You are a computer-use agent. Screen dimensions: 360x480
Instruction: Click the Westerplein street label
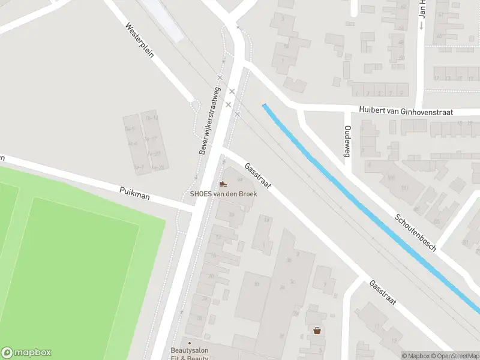140,40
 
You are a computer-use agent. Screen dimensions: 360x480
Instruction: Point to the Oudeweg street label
346,142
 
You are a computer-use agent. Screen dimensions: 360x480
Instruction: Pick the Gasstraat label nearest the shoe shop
257,176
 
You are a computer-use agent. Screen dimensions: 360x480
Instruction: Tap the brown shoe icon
223,184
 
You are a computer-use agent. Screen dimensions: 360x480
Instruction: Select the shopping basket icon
316,330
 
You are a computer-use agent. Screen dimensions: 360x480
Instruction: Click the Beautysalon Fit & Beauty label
189,354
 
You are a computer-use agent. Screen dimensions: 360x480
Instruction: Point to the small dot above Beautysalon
190,343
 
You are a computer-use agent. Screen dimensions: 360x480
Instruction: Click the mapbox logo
26,353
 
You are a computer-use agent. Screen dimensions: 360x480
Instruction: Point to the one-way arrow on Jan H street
421,26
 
